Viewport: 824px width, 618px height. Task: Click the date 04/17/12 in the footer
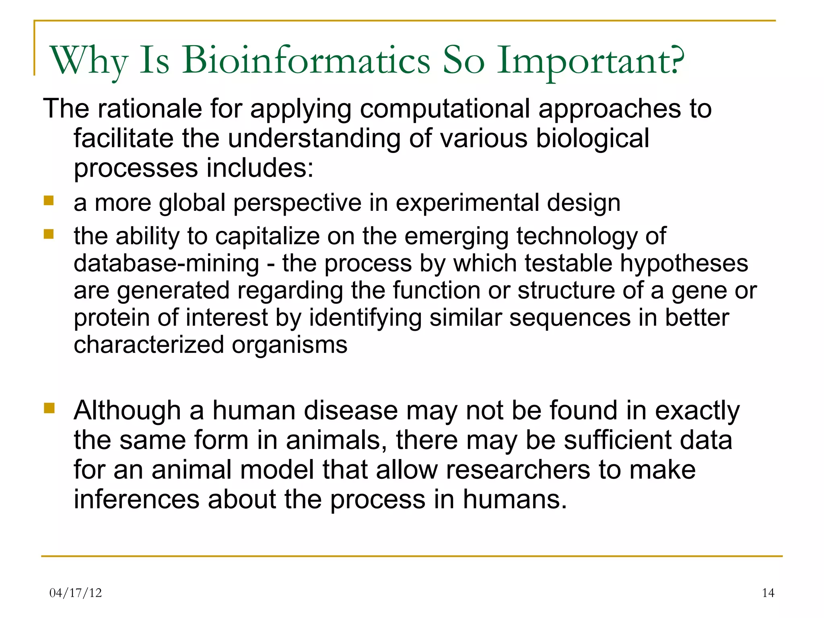(x=75, y=593)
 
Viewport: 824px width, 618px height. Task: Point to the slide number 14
(x=768, y=593)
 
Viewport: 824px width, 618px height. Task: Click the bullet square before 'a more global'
(x=49, y=200)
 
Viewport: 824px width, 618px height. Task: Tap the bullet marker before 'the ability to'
(x=49, y=234)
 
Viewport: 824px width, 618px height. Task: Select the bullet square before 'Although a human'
(x=49, y=408)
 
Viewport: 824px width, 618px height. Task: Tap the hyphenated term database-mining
(x=166, y=264)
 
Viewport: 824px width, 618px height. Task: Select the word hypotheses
(x=684, y=264)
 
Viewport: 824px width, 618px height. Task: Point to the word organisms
(x=289, y=345)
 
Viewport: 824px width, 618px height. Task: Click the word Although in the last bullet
(x=127, y=411)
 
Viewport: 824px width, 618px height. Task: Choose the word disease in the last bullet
(x=350, y=411)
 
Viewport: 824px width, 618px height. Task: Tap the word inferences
(x=136, y=499)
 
